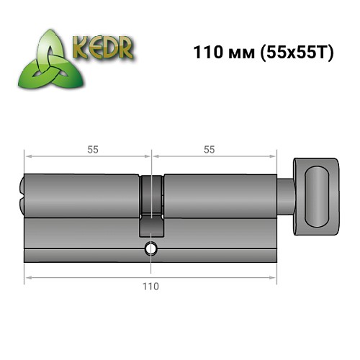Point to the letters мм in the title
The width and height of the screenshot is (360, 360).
click(x=239, y=54)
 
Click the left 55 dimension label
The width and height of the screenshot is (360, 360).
click(x=93, y=149)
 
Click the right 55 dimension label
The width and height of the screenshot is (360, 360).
click(x=210, y=149)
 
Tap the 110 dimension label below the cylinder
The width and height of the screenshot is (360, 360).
click(x=151, y=286)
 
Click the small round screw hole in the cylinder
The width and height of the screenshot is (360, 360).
click(x=150, y=250)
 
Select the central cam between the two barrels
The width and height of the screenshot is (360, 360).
click(x=150, y=205)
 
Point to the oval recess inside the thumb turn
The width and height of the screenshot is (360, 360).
click(x=317, y=195)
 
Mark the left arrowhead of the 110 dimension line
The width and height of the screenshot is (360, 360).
click(x=27, y=275)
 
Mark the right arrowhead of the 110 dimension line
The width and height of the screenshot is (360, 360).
click(x=274, y=275)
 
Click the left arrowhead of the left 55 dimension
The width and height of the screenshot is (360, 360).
click(x=27, y=155)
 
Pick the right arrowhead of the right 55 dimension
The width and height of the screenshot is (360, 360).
click(x=274, y=155)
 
